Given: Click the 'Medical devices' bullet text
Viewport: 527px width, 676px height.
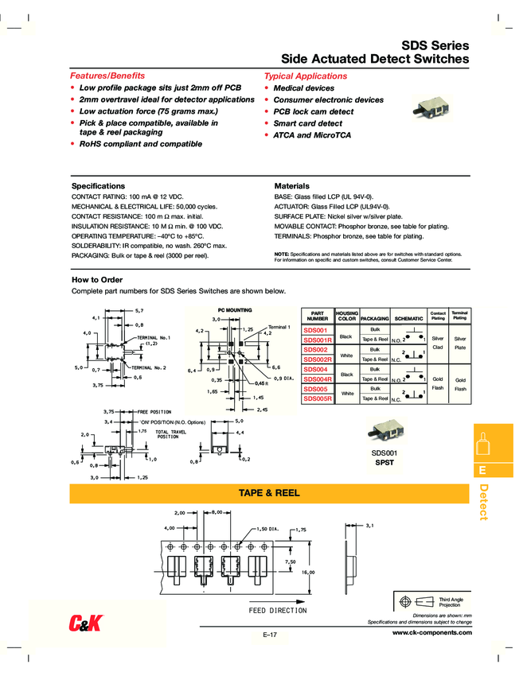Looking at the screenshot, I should pyautogui.click(x=303, y=88).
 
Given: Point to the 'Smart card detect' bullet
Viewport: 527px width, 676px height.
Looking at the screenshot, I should pyautogui.click(x=307, y=124).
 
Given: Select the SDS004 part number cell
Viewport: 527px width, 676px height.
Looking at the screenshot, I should pyautogui.click(x=315, y=369).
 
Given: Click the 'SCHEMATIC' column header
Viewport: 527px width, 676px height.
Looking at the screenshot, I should pyautogui.click(x=408, y=318).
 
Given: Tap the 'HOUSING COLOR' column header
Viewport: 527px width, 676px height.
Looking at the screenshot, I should pyautogui.click(x=347, y=315).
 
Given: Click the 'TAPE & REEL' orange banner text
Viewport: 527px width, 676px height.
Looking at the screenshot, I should pyautogui.click(x=269, y=493).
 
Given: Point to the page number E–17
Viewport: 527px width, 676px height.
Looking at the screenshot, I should pyautogui.click(x=269, y=634).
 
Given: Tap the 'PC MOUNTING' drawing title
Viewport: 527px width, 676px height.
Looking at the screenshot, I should pyautogui.click(x=235, y=309).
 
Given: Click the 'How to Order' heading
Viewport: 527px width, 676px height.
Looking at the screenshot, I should pyautogui.click(x=97, y=280).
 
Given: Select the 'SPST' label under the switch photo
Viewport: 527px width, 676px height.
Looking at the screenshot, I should pyautogui.click(x=385, y=462).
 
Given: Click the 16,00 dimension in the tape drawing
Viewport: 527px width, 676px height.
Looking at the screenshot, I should pyautogui.click(x=307, y=573).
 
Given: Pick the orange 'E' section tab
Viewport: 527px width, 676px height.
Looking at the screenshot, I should pyautogui.click(x=482, y=470).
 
